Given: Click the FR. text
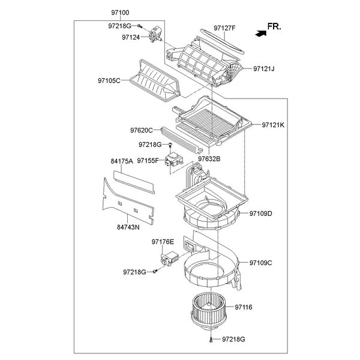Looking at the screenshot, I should (274, 27).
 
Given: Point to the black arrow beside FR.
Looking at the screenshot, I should (259, 34).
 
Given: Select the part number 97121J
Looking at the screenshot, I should (263, 69).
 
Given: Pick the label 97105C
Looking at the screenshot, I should (109, 80).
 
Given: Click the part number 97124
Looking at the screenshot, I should (130, 37).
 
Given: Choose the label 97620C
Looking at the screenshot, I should (142, 129).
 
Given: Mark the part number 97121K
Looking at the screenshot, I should (273, 125).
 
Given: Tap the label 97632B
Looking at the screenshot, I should (209, 158).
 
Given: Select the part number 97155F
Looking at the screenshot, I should (148, 161).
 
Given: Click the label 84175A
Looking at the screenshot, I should (122, 161).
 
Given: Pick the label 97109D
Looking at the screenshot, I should (261, 214).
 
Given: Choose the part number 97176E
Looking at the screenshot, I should (163, 242).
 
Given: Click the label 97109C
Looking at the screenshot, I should (261, 263).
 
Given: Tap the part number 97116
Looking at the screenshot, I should (244, 307).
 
